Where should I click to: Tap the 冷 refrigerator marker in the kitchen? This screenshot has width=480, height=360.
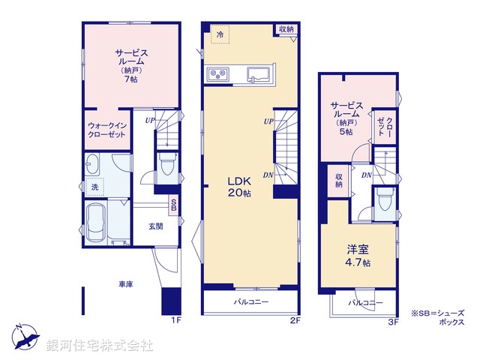[x=220, y=34]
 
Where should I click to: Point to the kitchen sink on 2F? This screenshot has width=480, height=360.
[x=259, y=73]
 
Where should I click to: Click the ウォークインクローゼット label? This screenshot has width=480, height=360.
[x=106, y=131]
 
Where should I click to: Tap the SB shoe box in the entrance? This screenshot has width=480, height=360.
[x=174, y=205]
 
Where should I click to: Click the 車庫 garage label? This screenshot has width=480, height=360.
[x=125, y=284]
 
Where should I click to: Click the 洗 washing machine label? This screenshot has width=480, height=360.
[x=94, y=186]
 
